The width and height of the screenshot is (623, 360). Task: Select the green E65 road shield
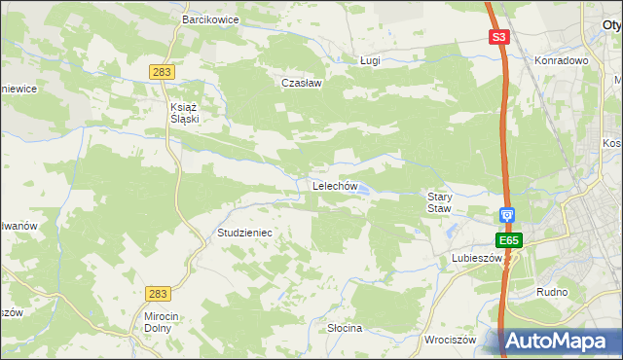click(508, 240)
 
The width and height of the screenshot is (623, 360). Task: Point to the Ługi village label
click(370, 60)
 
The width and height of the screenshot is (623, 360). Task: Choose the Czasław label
click(301, 83)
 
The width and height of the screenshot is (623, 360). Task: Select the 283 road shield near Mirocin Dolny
click(157, 293)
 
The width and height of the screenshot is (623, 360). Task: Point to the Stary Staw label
click(441, 202)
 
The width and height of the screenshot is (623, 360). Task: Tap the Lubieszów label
click(476, 259)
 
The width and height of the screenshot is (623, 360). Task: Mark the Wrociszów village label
click(450, 341)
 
